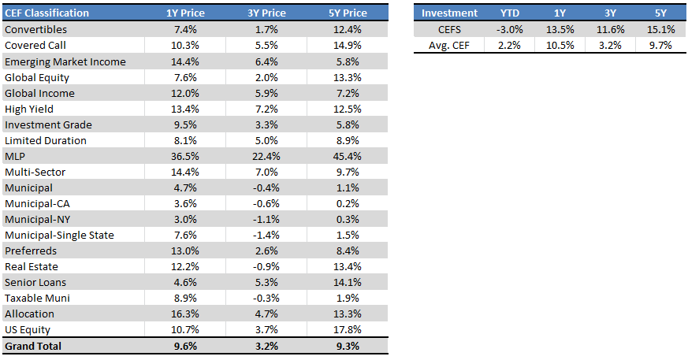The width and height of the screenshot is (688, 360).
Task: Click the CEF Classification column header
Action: (x=46, y=13)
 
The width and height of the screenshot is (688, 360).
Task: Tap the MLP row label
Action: (x=15, y=156)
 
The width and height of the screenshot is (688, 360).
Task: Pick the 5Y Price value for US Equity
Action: (x=347, y=330)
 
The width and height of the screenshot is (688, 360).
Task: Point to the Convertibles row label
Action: (x=35, y=29)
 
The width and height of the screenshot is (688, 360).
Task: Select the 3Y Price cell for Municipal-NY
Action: (x=270, y=219)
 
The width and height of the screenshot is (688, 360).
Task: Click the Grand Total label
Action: (x=33, y=346)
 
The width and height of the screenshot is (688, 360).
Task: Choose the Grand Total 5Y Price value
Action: (x=348, y=346)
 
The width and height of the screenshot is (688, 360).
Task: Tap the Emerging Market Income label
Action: (x=65, y=61)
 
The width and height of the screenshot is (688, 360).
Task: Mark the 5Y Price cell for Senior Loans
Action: (x=347, y=282)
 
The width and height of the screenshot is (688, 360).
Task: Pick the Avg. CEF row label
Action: (x=448, y=45)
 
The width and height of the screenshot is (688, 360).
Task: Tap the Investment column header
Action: (x=449, y=13)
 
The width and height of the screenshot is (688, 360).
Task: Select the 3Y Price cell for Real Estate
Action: (x=270, y=266)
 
